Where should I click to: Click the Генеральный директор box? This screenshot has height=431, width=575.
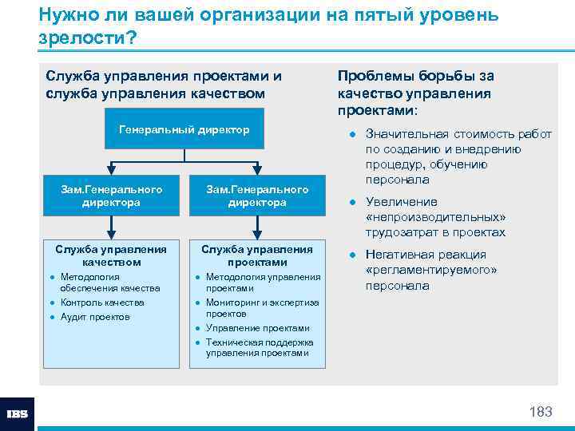[184, 130]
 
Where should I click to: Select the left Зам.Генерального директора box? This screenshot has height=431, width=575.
[111, 196]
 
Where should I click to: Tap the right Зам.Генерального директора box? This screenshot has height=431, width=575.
[257, 196]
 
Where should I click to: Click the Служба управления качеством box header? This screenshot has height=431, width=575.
[111, 255]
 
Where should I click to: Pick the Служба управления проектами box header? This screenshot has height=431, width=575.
[257, 255]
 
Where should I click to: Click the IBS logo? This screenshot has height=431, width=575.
[18, 413]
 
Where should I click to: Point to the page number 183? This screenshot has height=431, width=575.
[541, 412]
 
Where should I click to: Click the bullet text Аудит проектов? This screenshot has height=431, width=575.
[94, 317]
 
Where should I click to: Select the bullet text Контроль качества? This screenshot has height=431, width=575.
[102, 302]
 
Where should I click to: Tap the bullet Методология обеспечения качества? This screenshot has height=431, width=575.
[110, 283]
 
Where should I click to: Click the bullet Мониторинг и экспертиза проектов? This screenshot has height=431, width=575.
[262, 308]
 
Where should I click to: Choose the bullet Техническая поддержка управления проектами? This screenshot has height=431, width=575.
[260, 348]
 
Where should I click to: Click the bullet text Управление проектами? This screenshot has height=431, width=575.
[257, 328]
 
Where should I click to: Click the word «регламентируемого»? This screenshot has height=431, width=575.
[430, 270]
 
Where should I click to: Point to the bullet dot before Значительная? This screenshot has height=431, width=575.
[351, 134]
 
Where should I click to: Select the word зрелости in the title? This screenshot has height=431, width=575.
[81, 38]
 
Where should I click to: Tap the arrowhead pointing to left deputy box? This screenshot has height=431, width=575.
[111, 171]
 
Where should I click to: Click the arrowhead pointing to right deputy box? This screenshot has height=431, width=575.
[257, 171]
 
